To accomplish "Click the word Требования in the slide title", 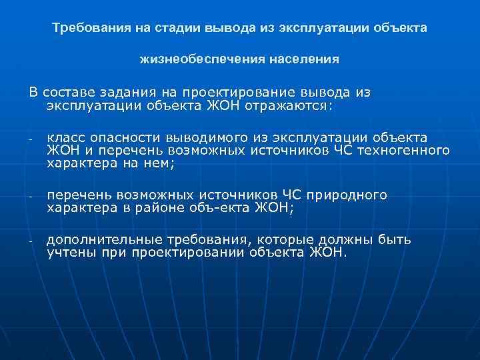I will [85, 29].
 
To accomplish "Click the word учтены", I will [68, 253].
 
